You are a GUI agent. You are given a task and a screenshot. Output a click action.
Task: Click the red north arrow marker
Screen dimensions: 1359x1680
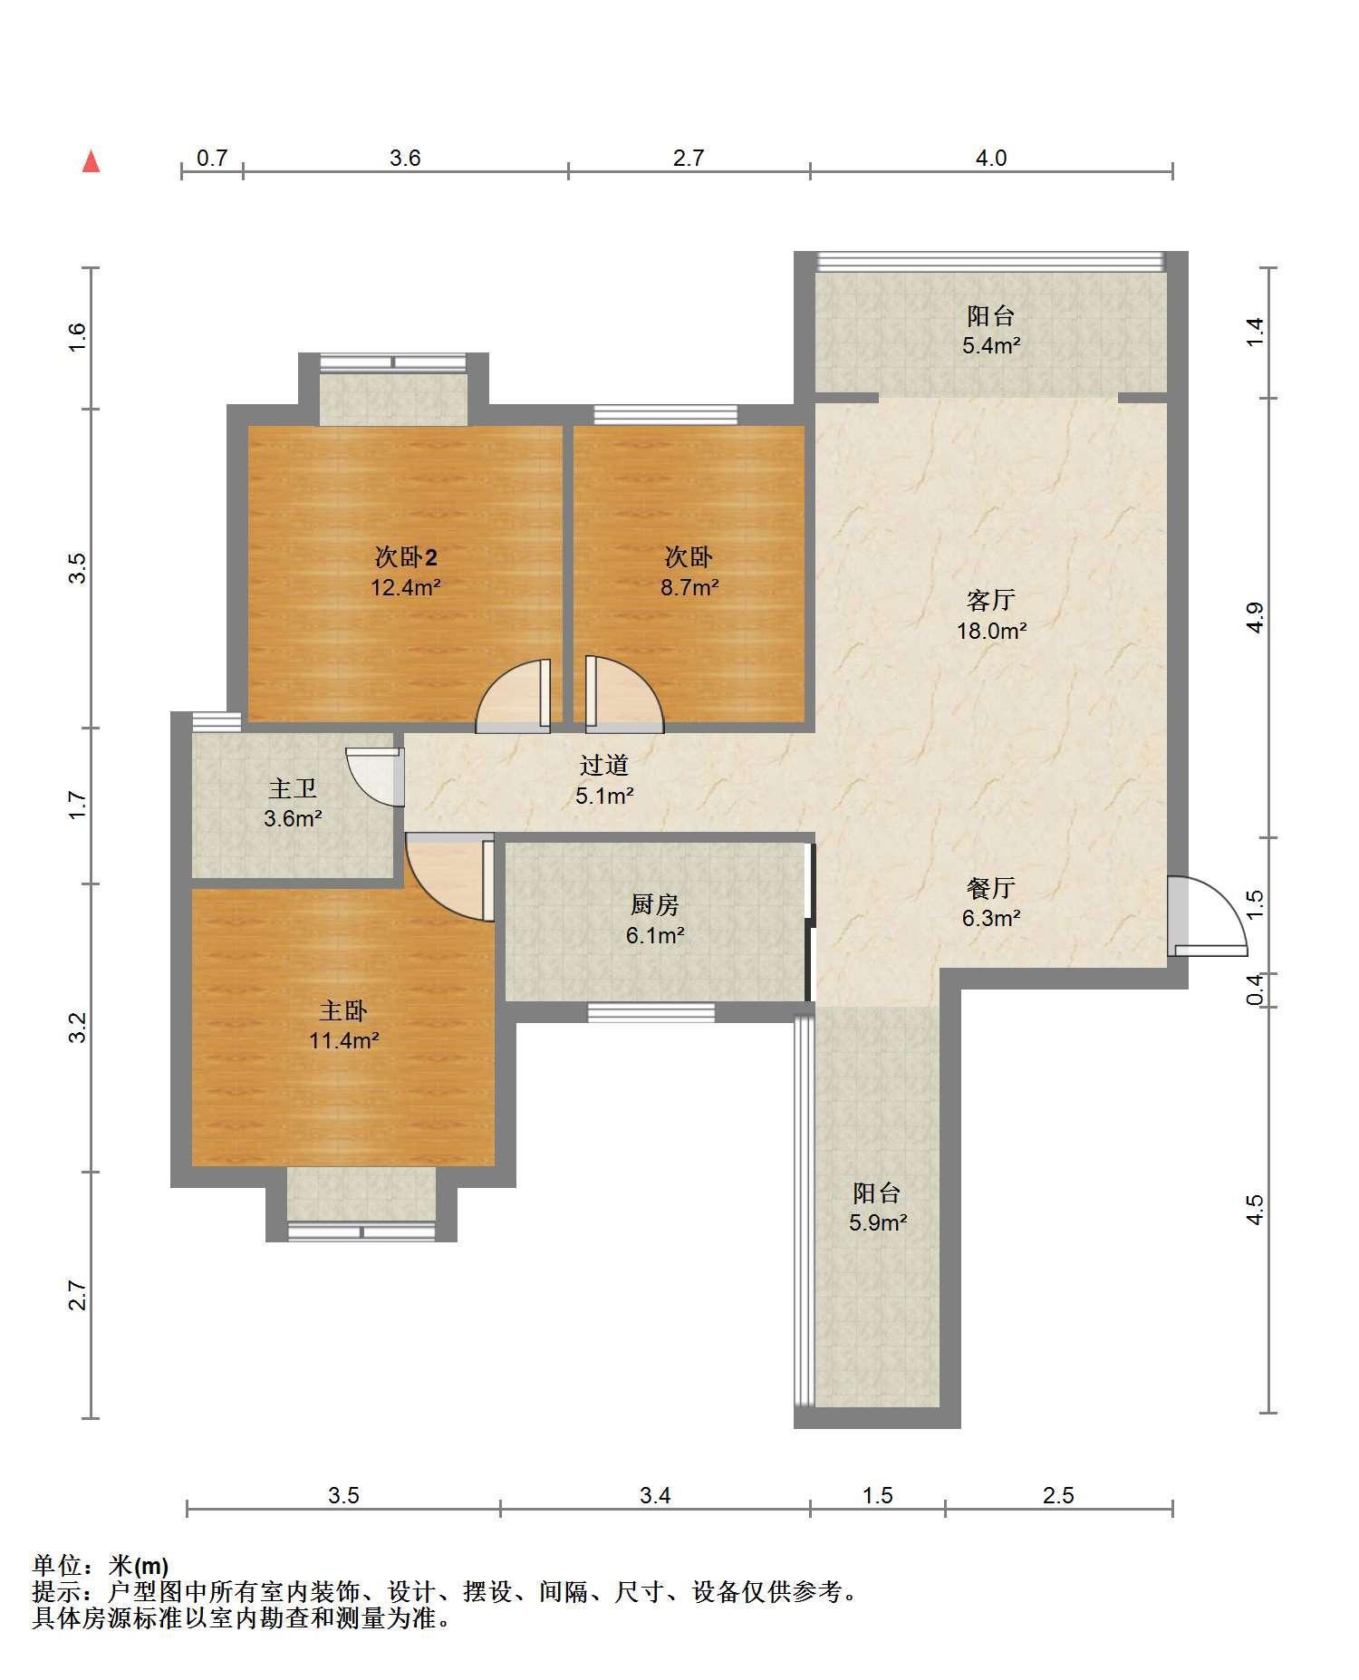pos(91,161)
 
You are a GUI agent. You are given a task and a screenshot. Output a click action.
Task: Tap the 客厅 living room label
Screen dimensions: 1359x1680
pos(990,600)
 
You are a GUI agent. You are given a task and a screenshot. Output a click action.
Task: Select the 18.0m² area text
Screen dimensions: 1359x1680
pos(992,631)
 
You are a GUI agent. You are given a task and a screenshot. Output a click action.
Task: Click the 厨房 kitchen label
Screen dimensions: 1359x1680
pos(654,904)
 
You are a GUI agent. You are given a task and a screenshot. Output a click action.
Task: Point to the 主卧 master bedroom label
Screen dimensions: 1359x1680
pos(343,1009)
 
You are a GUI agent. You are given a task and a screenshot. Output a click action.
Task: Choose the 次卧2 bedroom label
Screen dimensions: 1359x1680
pos(406,556)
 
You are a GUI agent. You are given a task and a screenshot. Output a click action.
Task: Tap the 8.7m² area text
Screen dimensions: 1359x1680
pos(689,587)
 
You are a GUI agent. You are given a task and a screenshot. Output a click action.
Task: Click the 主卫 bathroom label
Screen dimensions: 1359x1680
pos(294,788)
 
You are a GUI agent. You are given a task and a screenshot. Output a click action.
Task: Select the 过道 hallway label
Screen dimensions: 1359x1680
pos(604,766)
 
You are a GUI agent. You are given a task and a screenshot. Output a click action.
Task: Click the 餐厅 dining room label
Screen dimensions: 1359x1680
pos(990,888)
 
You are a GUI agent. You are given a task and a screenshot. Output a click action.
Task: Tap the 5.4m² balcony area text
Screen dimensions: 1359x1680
pos(992,345)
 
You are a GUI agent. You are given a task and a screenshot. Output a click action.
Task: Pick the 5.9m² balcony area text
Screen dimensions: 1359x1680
pos(878,1223)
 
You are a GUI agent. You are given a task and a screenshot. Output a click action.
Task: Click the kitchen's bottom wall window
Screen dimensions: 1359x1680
pos(651,1012)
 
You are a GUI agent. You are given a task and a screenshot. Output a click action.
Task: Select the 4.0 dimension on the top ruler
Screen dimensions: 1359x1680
pos(990,159)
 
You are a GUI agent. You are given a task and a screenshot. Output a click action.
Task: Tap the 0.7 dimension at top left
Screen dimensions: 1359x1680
pos(212,159)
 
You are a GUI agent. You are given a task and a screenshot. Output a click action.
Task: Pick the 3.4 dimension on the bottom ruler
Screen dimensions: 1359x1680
pos(655,1496)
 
